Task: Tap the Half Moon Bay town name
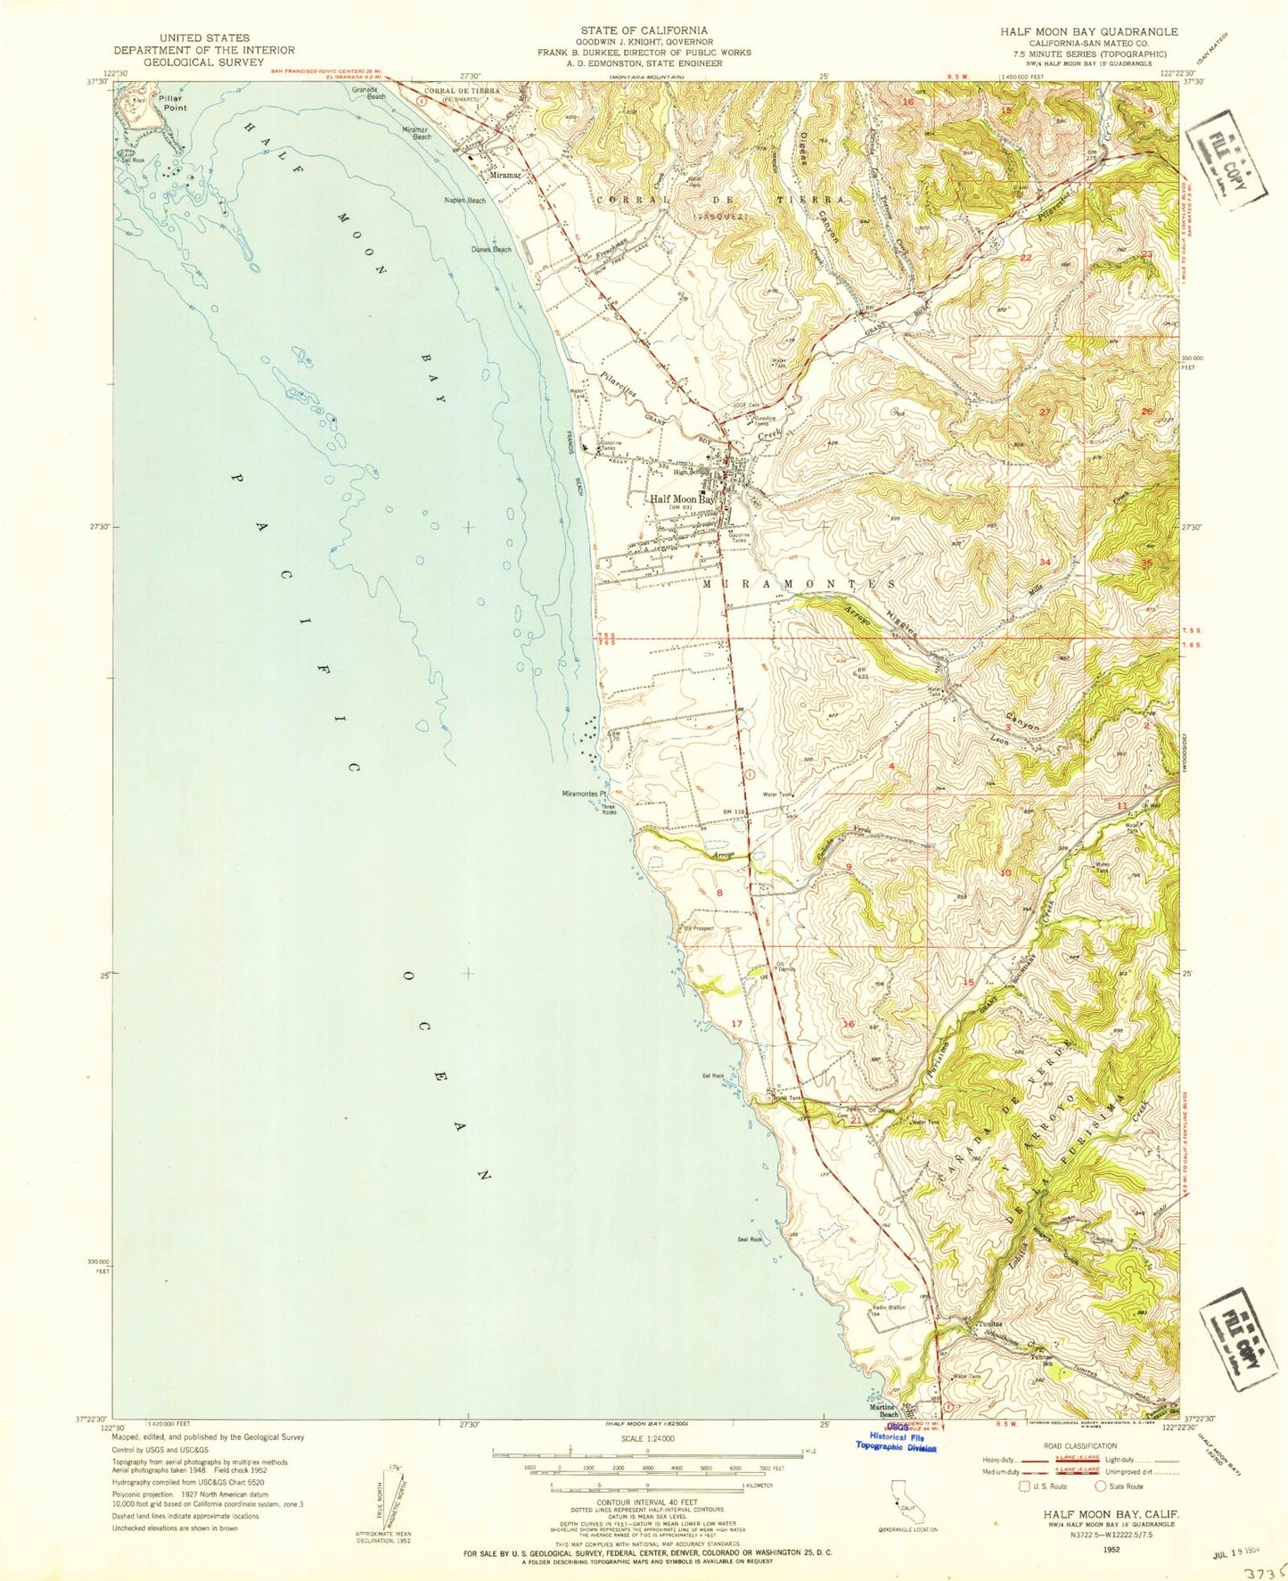point(682,500)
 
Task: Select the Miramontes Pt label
point(585,794)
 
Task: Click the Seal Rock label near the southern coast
point(749,1239)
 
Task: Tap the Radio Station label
point(890,1307)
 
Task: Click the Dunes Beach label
point(492,250)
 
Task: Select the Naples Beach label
point(465,201)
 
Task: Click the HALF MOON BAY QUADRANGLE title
point(1088,31)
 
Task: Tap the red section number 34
point(1045,562)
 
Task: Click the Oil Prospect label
point(700,928)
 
